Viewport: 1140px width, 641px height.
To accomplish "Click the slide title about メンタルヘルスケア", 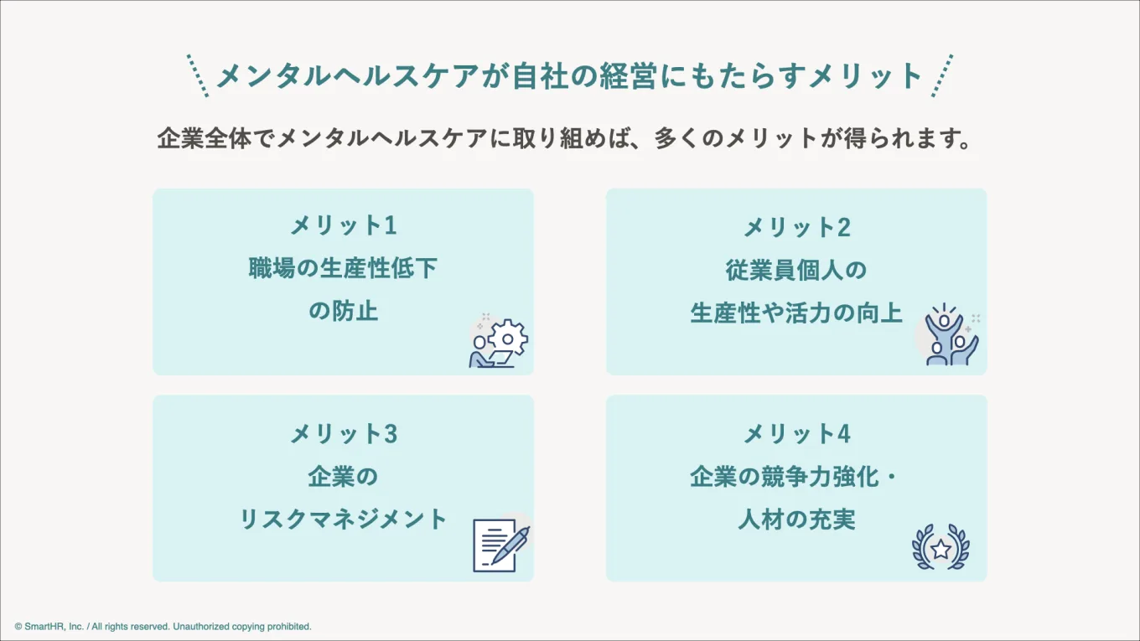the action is [570, 76].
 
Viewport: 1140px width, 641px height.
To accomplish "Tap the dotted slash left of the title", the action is [197, 75].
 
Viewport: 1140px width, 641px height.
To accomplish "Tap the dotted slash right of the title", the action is [942, 75].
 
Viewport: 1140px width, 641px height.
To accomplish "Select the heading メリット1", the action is [343, 225].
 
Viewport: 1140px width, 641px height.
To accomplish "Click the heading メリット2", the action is [796, 226].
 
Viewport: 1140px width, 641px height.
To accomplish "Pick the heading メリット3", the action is [343, 433].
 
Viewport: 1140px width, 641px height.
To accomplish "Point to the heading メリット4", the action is [796, 433].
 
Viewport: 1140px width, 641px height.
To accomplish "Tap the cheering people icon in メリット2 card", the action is [951, 335].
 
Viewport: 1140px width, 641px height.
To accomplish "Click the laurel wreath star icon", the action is [940, 548].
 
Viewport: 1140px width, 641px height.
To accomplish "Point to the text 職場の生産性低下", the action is [343, 269].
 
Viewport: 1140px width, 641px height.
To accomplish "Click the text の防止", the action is [343, 312].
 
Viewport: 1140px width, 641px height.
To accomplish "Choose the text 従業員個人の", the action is [796, 270].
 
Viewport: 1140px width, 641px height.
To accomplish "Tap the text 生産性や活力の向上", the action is [796, 313].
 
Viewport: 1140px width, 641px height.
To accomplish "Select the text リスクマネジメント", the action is [343, 519].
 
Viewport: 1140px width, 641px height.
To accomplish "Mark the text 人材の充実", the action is [796, 520].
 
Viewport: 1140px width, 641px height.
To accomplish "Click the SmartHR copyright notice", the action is [163, 626].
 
